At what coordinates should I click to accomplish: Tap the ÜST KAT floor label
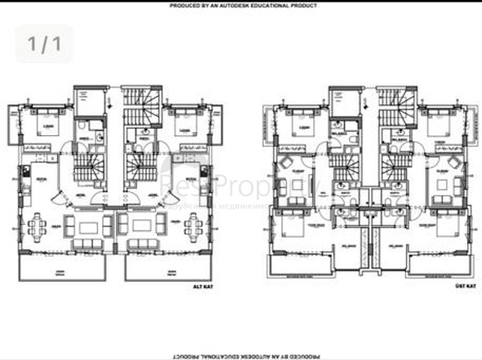pyautogui.click(x=466, y=286)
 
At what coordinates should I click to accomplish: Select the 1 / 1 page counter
pyautogui.click(x=44, y=43)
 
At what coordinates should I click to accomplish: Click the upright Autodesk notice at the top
pyautogui.click(x=244, y=5)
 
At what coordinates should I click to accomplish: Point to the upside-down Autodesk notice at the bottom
pyautogui.click(x=244, y=355)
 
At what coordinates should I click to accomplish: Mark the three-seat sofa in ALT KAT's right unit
pyautogui.click(x=143, y=245)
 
